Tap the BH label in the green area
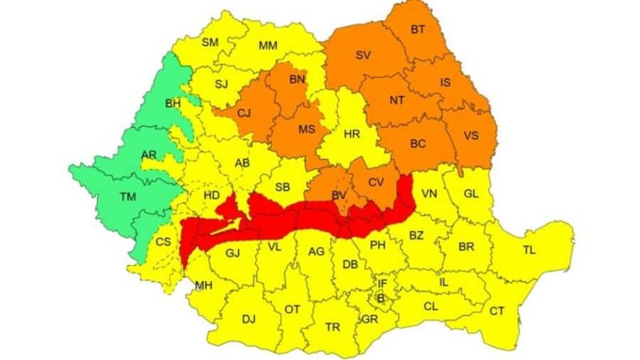click(173, 102)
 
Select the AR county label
click(148, 154)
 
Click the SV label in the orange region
click(363, 55)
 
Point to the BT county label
click(419, 30)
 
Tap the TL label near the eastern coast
click(529, 251)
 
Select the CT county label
click(497, 311)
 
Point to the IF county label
click(383, 283)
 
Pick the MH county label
click(203, 285)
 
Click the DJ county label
click(249, 319)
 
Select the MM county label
click(268, 45)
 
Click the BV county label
click(339, 195)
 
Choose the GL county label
click(471, 193)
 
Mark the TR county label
click(333, 327)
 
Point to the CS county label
click(164, 242)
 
